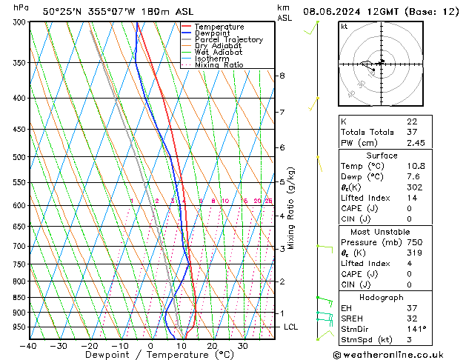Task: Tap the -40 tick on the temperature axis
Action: tap(28, 346)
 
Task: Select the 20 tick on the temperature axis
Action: tap(212, 346)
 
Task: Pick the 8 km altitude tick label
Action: tap(282, 76)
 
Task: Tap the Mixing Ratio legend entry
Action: tap(219, 65)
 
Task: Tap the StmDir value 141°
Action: tap(417, 329)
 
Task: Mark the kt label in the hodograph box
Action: tap(344, 26)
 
